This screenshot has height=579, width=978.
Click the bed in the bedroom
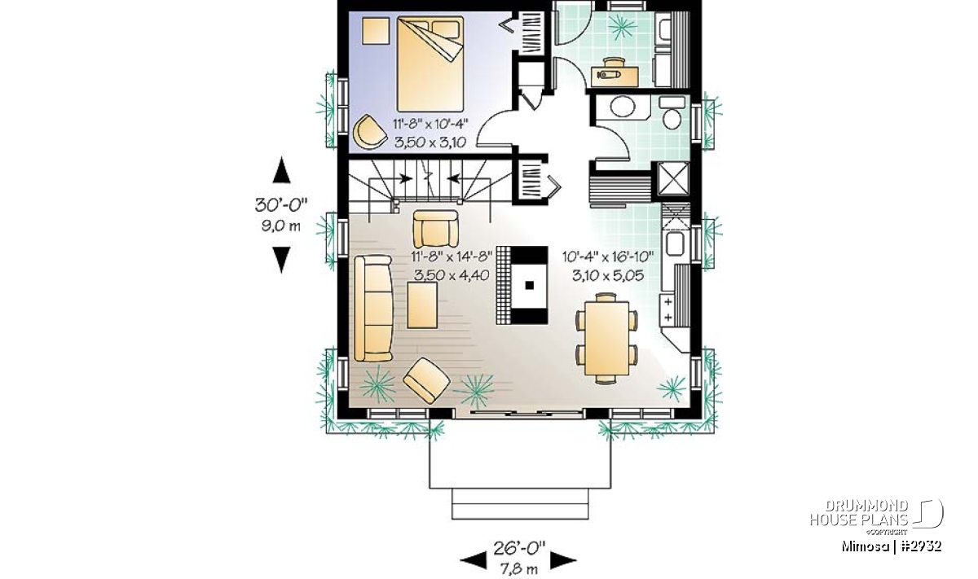point(430,64)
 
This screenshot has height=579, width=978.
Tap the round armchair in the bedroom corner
point(369,132)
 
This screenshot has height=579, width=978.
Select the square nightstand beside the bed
point(376,31)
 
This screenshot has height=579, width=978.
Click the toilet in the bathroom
point(672,113)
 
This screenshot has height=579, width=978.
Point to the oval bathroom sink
point(622,107)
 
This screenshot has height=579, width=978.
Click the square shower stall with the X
point(673,178)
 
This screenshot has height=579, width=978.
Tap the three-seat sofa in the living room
point(373,309)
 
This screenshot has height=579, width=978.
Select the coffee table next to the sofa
point(422,305)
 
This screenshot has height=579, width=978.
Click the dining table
point(606,338)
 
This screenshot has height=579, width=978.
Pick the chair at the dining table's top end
point(606,297)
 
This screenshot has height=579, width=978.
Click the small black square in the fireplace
point(530,285)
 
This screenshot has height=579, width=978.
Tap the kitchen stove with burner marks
point(668,309)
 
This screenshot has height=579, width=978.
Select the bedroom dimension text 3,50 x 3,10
point(430,143)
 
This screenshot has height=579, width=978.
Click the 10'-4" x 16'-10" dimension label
point(608,257)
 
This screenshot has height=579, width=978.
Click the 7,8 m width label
point(519,569)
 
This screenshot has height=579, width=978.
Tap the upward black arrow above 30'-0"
point(282,170)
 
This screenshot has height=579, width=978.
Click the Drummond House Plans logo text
point(859,513)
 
